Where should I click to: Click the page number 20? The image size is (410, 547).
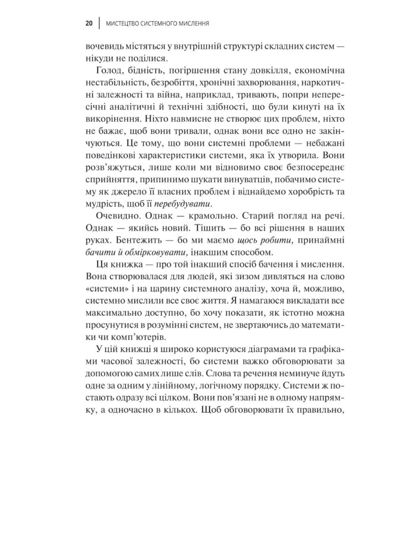point(89,24)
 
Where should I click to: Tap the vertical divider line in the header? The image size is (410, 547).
point(99,24)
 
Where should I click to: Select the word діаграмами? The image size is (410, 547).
point(259,349)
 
